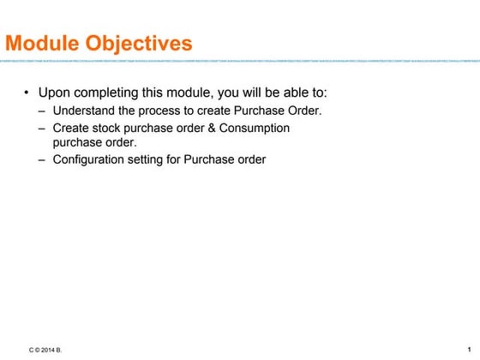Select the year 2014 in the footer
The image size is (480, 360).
click(49, 351)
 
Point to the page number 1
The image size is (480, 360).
click(470, 350)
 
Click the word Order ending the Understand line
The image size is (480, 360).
click(303, 111)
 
